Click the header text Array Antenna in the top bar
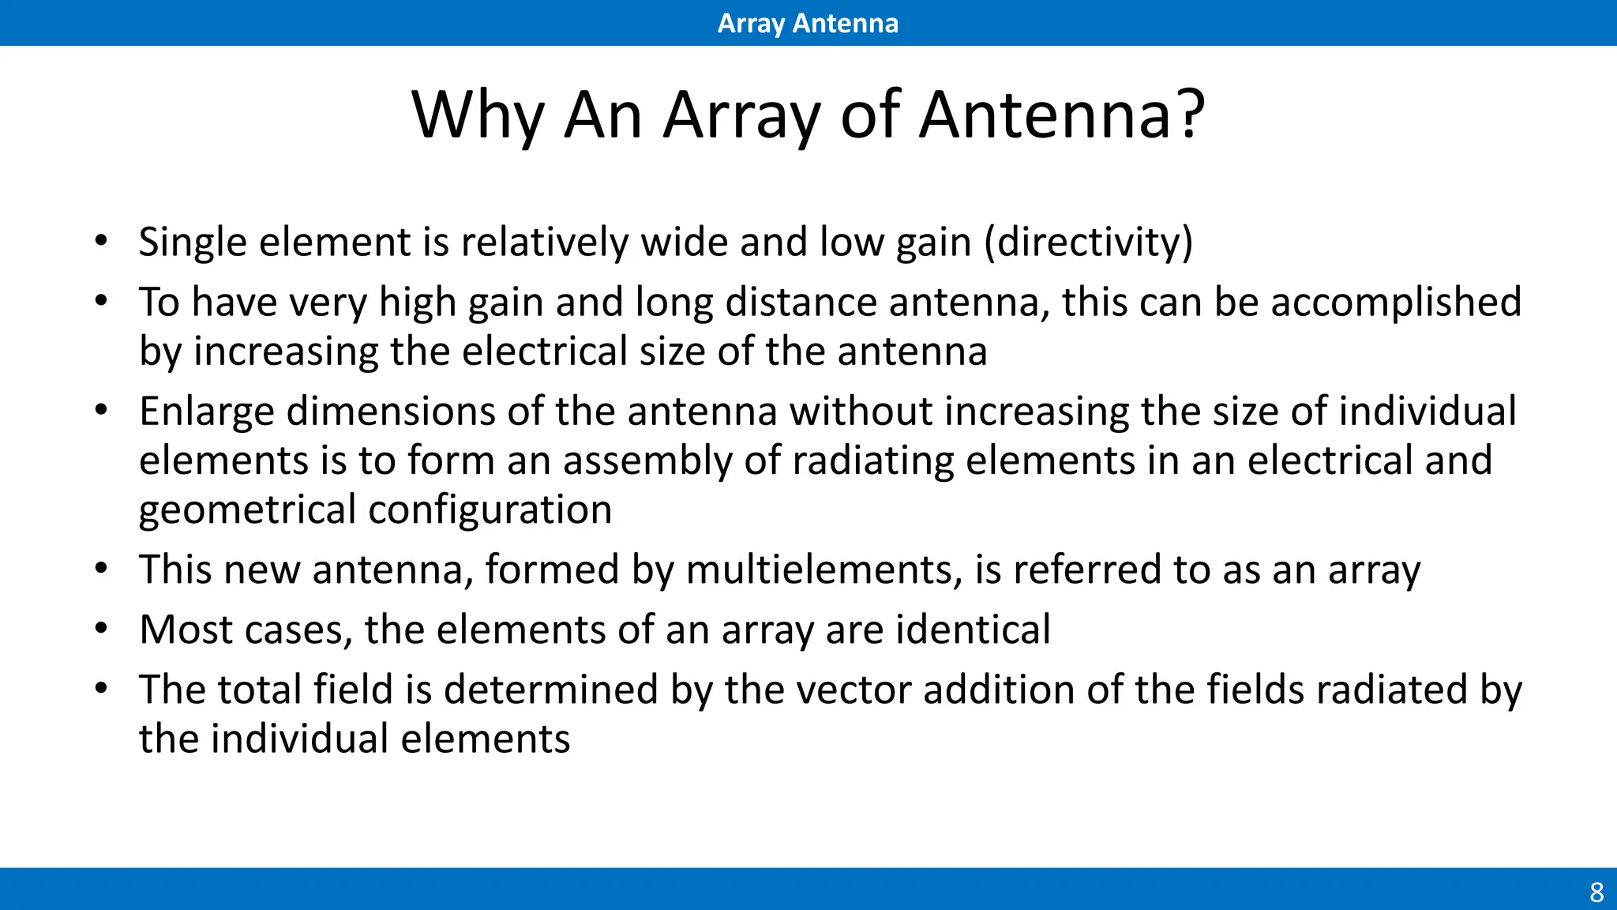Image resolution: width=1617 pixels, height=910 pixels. point(808,23)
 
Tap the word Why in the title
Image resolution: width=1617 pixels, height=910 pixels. point(478,115)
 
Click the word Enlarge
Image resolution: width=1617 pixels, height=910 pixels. point(206,412)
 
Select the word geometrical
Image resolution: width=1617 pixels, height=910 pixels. point(247,510)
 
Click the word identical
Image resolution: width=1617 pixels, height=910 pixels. point(973,630)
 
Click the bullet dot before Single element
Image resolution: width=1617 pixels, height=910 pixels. point(100,241)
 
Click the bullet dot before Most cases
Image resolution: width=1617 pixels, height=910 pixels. point(100,630)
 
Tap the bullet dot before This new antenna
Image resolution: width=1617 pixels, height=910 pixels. point(100,569)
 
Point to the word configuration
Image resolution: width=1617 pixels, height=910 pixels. point(490,510)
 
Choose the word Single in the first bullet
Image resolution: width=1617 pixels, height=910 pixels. point(193,242)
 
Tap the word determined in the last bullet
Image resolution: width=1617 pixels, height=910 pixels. point(550,690)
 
